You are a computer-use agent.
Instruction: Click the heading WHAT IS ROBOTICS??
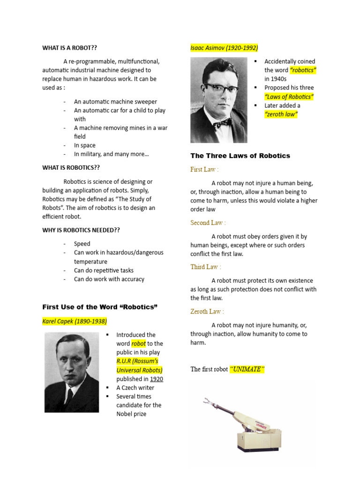click(71, 167)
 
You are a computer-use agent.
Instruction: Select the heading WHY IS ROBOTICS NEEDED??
click(81, 230)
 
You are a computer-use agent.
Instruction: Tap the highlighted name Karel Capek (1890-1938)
click(75, 321)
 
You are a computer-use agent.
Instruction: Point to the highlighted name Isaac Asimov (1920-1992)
click(224, 48)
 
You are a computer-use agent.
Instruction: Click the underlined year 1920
click(157, 379)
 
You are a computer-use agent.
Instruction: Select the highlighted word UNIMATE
click(247, 369)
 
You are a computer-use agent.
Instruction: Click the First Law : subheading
click(204, 169)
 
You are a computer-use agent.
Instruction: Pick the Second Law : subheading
click(208, 223)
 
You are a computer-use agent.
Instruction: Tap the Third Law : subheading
click(206, 267)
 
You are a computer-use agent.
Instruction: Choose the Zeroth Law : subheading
click(207, 311)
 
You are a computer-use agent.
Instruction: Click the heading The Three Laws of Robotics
click(240, 156)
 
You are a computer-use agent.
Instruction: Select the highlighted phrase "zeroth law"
click(281, 114)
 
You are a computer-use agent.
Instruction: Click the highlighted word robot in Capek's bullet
click(138, 344)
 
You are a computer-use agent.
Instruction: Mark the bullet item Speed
click(82, 244)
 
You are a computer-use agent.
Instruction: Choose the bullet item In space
click(84, 145)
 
